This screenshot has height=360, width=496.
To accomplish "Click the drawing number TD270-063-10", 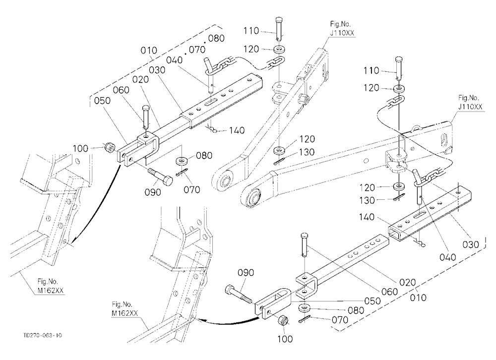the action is point(42,335).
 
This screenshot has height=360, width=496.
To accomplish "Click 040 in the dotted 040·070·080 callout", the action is point(174,60).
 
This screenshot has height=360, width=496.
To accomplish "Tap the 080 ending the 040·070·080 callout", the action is point(216,38).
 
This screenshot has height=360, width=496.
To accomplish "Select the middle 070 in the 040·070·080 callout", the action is point(197,50).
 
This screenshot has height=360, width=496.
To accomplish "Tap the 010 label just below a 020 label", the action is point(418,298).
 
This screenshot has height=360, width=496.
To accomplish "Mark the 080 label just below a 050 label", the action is point(356,310).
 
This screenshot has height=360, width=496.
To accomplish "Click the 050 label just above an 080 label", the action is point(372,300).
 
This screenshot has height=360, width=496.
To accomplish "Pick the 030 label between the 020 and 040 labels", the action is point(157,69).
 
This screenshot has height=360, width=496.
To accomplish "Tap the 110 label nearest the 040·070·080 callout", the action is point(251,31).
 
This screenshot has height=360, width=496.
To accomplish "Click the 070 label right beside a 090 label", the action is point(191,189).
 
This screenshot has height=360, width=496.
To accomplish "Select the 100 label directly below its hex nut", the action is point(285,339).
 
